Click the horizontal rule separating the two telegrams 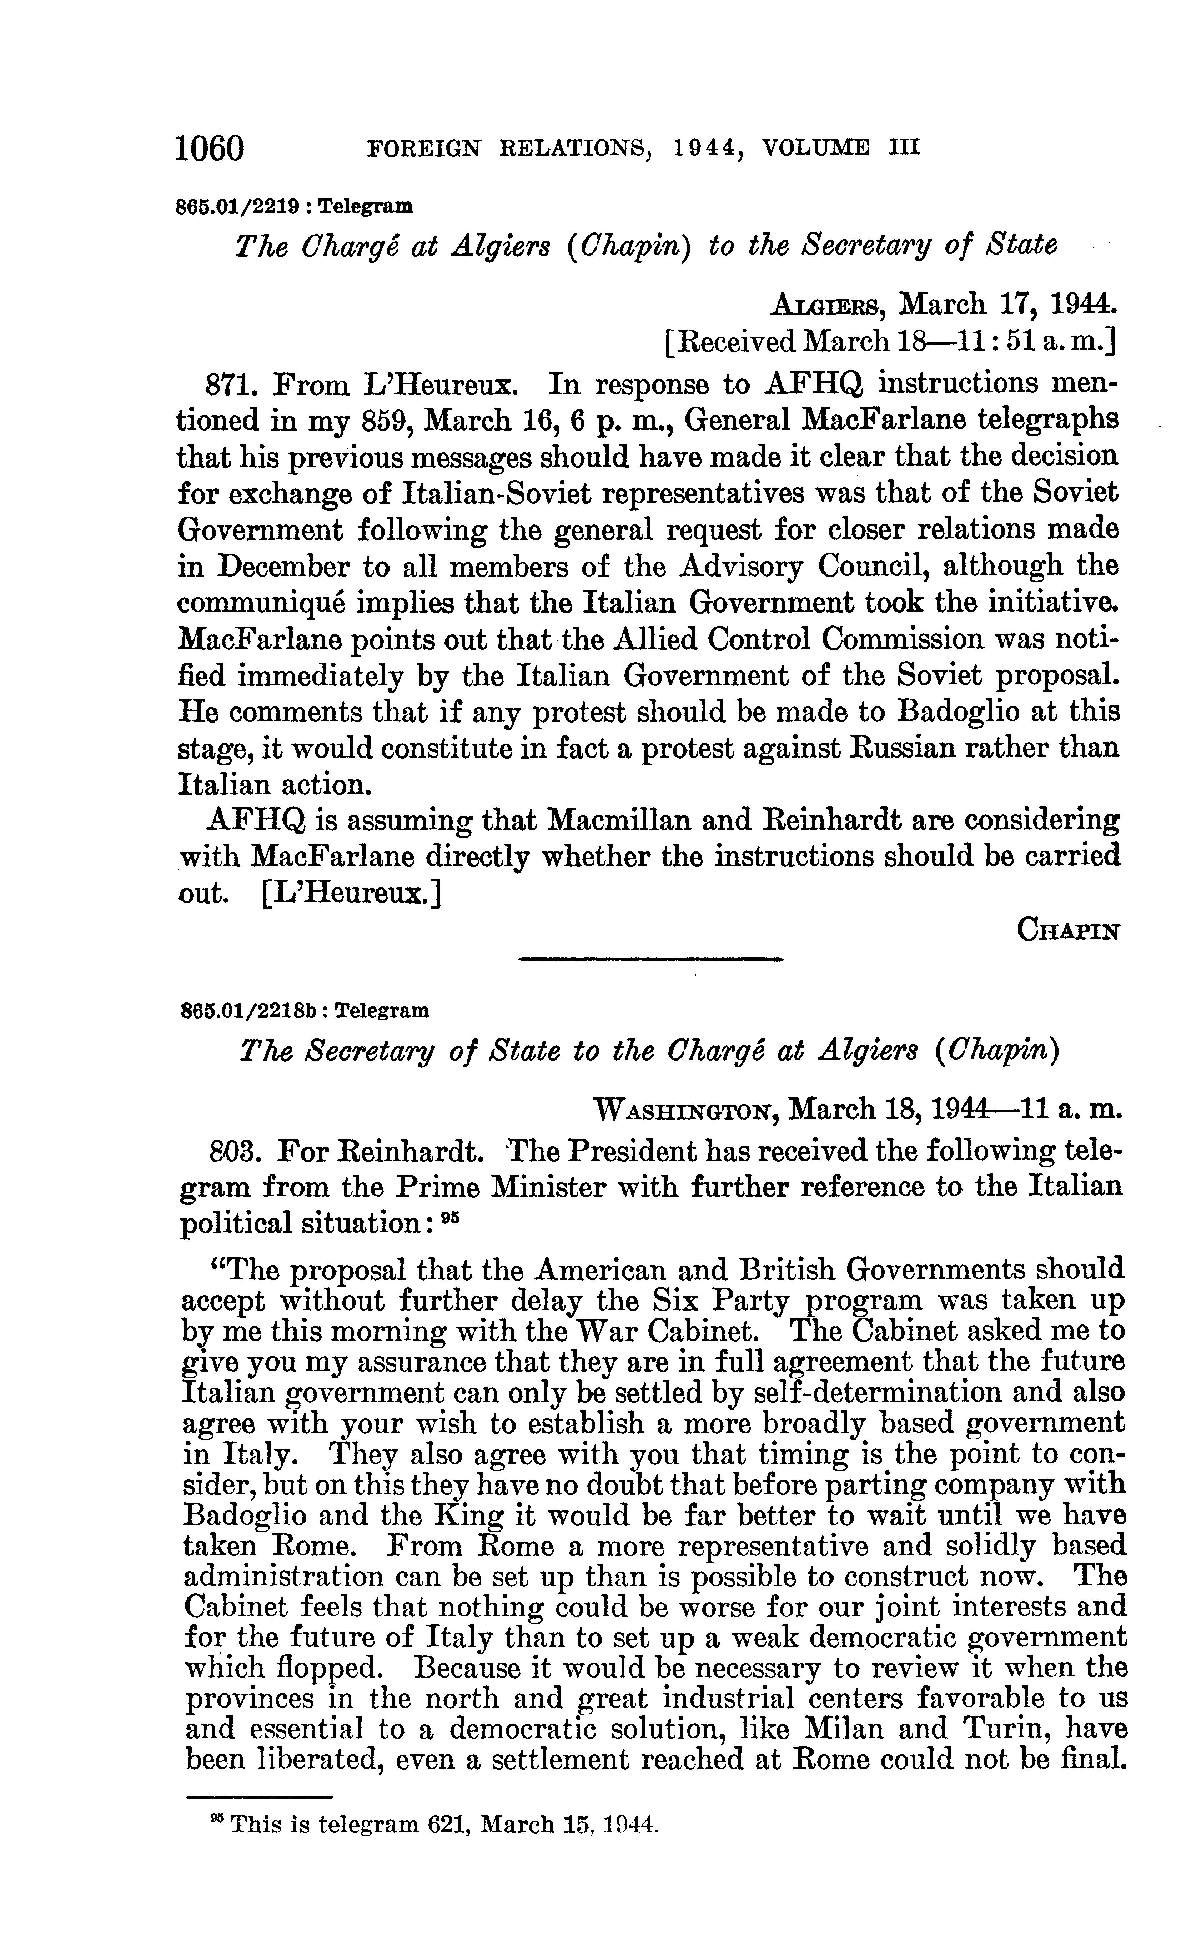(x=650, y=960)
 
